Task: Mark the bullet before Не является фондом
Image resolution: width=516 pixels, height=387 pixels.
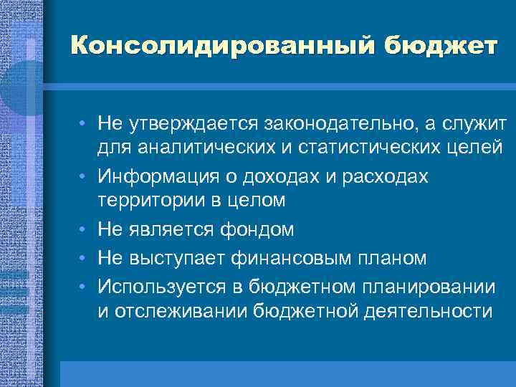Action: pyautogui.click(x=85, y=229)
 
